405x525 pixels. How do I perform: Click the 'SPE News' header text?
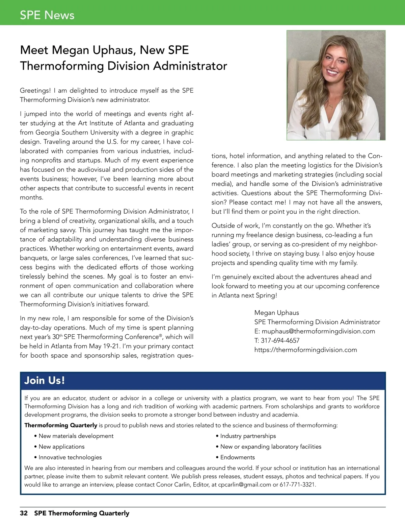47,15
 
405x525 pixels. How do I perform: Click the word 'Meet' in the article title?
34,50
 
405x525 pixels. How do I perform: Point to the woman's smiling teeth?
332,72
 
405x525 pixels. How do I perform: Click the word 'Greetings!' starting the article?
35,91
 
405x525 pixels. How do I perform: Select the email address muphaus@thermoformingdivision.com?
318,331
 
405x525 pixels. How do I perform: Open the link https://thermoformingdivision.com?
305,350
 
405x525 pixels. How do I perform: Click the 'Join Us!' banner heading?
44,380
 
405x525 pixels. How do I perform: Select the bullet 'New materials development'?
76,436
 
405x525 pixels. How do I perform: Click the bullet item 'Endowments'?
238,457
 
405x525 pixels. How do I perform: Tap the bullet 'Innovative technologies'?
70,457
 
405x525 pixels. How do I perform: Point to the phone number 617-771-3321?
298,485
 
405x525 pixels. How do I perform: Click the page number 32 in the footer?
24,513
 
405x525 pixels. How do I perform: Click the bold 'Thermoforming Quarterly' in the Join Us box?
61,425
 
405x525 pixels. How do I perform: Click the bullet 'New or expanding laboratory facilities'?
271,447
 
